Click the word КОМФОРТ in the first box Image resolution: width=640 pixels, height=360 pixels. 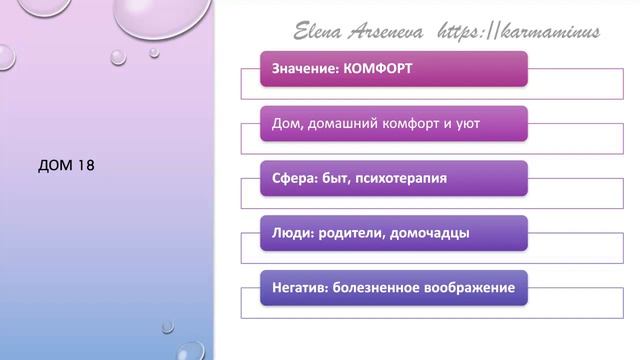377,70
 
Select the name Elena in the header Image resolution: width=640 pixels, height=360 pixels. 318,32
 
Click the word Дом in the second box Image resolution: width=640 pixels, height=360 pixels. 288,125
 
